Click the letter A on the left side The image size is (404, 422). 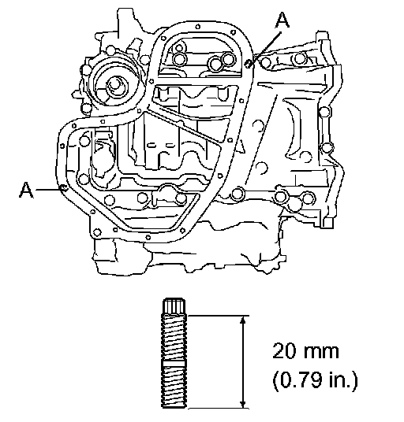pyautogui.click(x=26, y=190)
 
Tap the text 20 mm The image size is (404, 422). pyautogui.click(x=305, y=351)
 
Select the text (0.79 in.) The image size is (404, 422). pyautogui.click(x=315, y=380)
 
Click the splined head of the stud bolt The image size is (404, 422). pyautogui.click(x=174, y=306)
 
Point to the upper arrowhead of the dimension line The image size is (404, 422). pyautogui.click(x=243, y=320)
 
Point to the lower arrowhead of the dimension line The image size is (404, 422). pyautogui.click(x=243, y=403)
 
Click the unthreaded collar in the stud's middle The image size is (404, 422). pyautogui.click(x=174, y=364)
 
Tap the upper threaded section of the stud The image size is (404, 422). pyautogui.click(x=174, y=338)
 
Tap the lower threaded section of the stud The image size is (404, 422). pyautogui.click(x=174, y=388)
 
